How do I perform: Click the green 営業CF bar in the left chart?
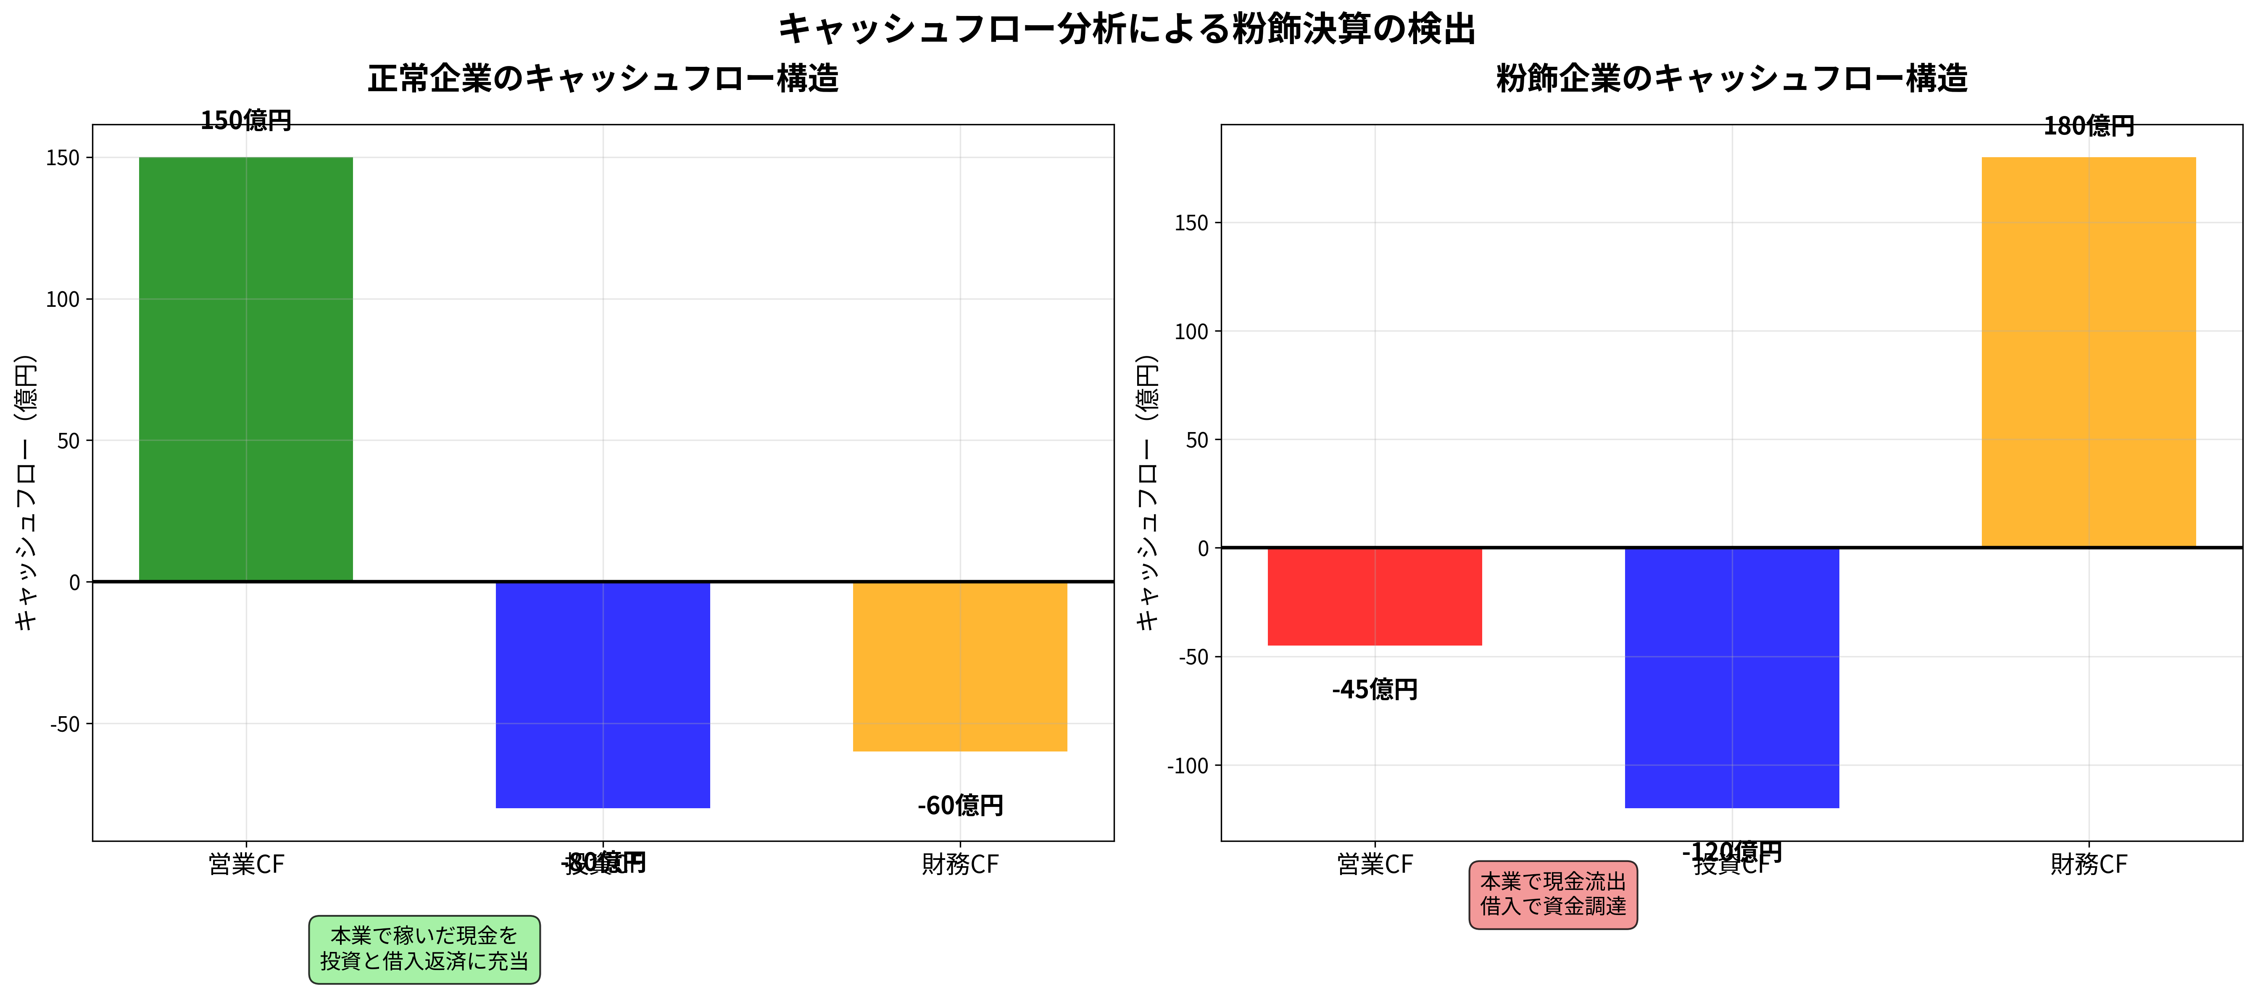point(246,368)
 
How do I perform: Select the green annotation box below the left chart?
point(424,949)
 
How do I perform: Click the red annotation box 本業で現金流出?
point(1553,894)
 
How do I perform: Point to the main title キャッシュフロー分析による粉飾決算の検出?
point(1127,29)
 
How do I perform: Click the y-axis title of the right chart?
point(1147,492)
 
